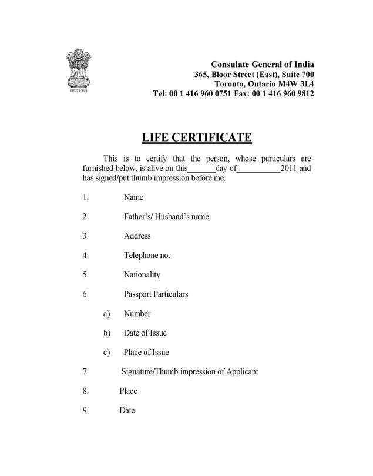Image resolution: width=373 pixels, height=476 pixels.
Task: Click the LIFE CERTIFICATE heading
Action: (x=197, y=138)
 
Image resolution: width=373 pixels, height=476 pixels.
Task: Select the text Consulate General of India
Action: (x=262, y=64)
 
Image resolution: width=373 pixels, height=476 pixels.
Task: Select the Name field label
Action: (x=133, y=197)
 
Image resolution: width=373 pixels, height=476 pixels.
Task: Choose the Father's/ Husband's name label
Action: (x=166, y=217)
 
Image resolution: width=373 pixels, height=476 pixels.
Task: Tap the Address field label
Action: (x=137, y=236)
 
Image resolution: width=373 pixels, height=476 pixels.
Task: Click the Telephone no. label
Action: (x=147, y=256)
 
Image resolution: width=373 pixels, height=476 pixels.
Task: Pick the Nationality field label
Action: (x=142, y=275)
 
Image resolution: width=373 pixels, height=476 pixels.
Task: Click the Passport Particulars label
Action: (x=156, y=294)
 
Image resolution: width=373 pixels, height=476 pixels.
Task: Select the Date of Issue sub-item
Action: (x=145, y=333)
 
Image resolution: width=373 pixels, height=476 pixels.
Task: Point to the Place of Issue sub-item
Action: (x=146, y=353)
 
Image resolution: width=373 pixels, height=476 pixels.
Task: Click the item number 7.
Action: (x=86, y=372)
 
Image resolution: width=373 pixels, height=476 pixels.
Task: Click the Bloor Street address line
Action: (x=254, y=74)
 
